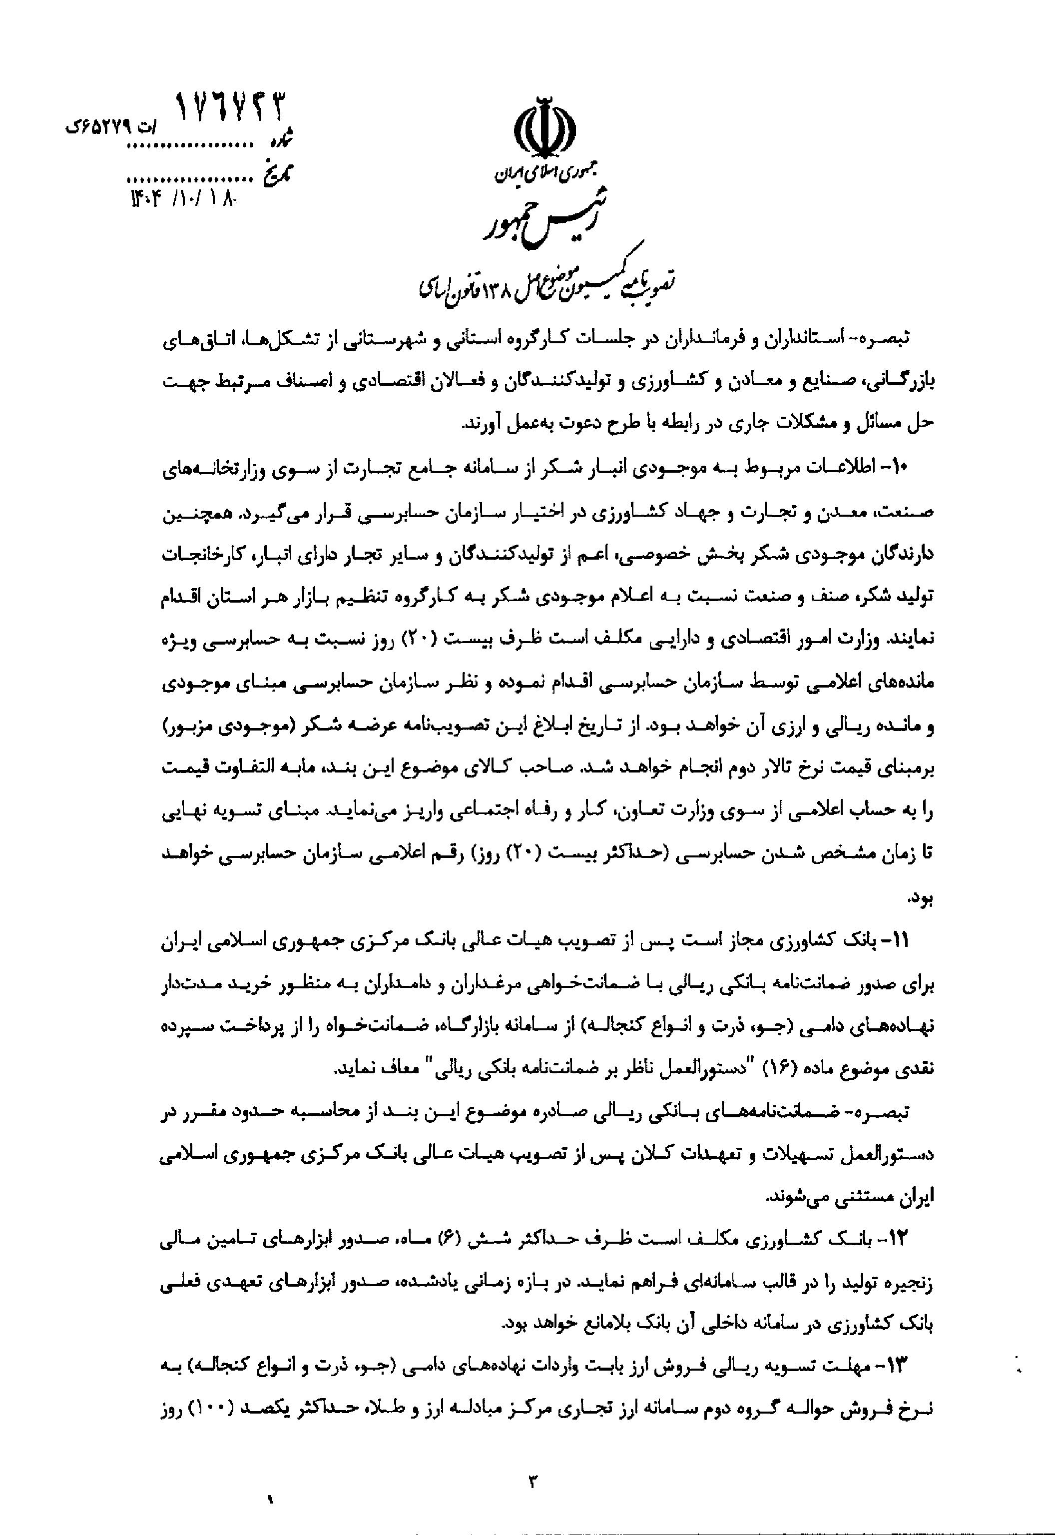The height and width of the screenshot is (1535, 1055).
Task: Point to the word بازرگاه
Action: coord(450,1029)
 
